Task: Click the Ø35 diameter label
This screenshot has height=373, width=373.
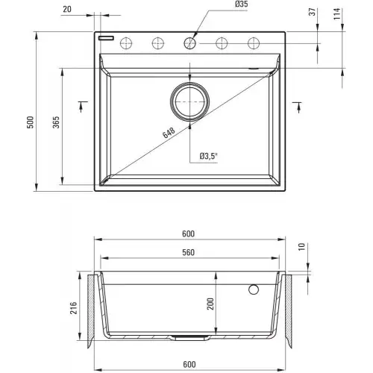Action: pos(241,4)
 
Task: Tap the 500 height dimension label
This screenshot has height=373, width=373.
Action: pos(30,122)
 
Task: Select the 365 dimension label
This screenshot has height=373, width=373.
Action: pos(56,122)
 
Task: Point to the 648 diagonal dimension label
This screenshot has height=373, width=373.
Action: pos(169,133)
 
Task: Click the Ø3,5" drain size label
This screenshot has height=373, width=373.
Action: pos(208,156)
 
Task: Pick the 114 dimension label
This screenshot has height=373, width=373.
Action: pos(337,14)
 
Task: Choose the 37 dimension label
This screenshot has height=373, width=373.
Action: pos(313,12)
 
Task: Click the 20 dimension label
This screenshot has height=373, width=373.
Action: pos(67,9)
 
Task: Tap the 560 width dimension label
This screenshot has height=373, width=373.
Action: pos(188,252)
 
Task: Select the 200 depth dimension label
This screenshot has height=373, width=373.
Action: pos(210,304)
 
